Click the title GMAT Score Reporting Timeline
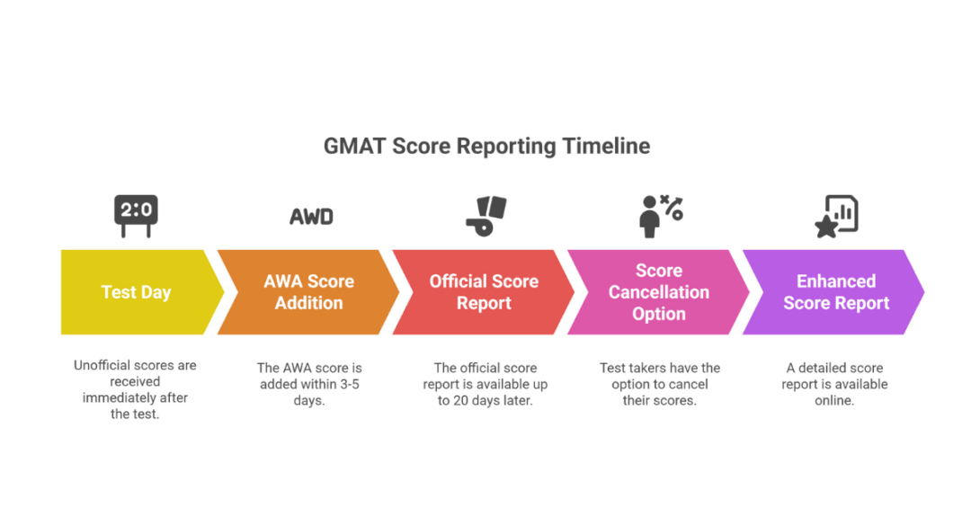(x=486, y=146)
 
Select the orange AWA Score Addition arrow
(x=308, y=292)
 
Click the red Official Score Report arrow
(x=484, y=292)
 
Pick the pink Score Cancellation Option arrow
(x=659, y=292)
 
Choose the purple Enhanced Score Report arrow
(x=835, y=292)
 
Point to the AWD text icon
(x=311, y=217)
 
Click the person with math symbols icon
(x=660, y=216)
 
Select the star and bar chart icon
(x=836, y=216)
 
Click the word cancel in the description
(x=689, y=384)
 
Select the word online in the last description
(x=834, y=400)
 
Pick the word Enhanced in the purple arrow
(x=836, y=281)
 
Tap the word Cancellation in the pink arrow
(x=659, y=292)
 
